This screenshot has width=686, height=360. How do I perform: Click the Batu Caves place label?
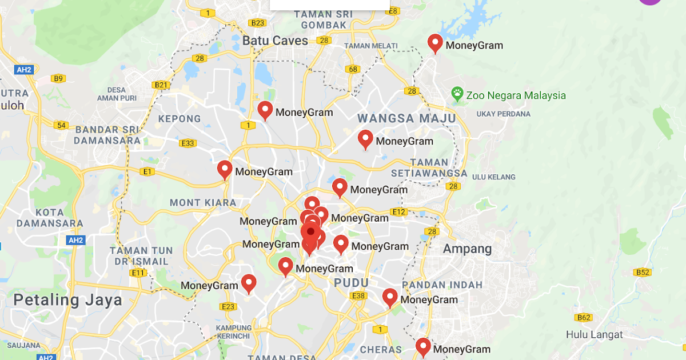pyautogui.click(x=275, y=41)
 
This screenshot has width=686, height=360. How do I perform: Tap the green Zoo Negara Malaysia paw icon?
pyautogui.click(x=457, y=94)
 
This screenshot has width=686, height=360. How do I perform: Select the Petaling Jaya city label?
pyautogui.click(x=67, y=300)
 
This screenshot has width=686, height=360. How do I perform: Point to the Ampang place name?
pyautogui.click(x=467, y=249)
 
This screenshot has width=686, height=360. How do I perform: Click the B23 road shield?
pyautogui.click(x=258, y=23)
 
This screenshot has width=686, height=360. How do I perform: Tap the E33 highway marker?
pyautogui.click(x=188, y=143)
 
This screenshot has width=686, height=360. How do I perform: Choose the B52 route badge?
pyautogui.click(x=643, y=272)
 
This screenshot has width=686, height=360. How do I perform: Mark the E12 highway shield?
pyautogui.click(x=399, y=212)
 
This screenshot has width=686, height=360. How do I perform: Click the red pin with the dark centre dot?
pyautogui.click(x=310, y=232)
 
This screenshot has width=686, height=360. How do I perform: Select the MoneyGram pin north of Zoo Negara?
pyautogui.click(x=436, y=43)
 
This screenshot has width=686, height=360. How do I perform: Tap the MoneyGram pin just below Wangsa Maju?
pyautogui.click(x=365, y=138)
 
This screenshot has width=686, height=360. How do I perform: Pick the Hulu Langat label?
pyautogui.click(x=595, y=334)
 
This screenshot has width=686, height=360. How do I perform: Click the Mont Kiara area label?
pyautogui.click(x=203, y=202)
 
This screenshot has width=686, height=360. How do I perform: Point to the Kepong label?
pyautogui.click(x=180, y=119)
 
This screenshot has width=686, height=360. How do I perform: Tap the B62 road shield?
pyautogui.click(x=584, y=317)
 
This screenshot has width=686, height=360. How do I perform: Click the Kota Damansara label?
pyautogui.click(x=50, y=218)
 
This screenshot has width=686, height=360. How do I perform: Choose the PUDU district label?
pyautogui.click(x=352, y=283)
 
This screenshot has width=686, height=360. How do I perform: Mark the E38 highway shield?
pyautogui.click(x=359, y=295)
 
